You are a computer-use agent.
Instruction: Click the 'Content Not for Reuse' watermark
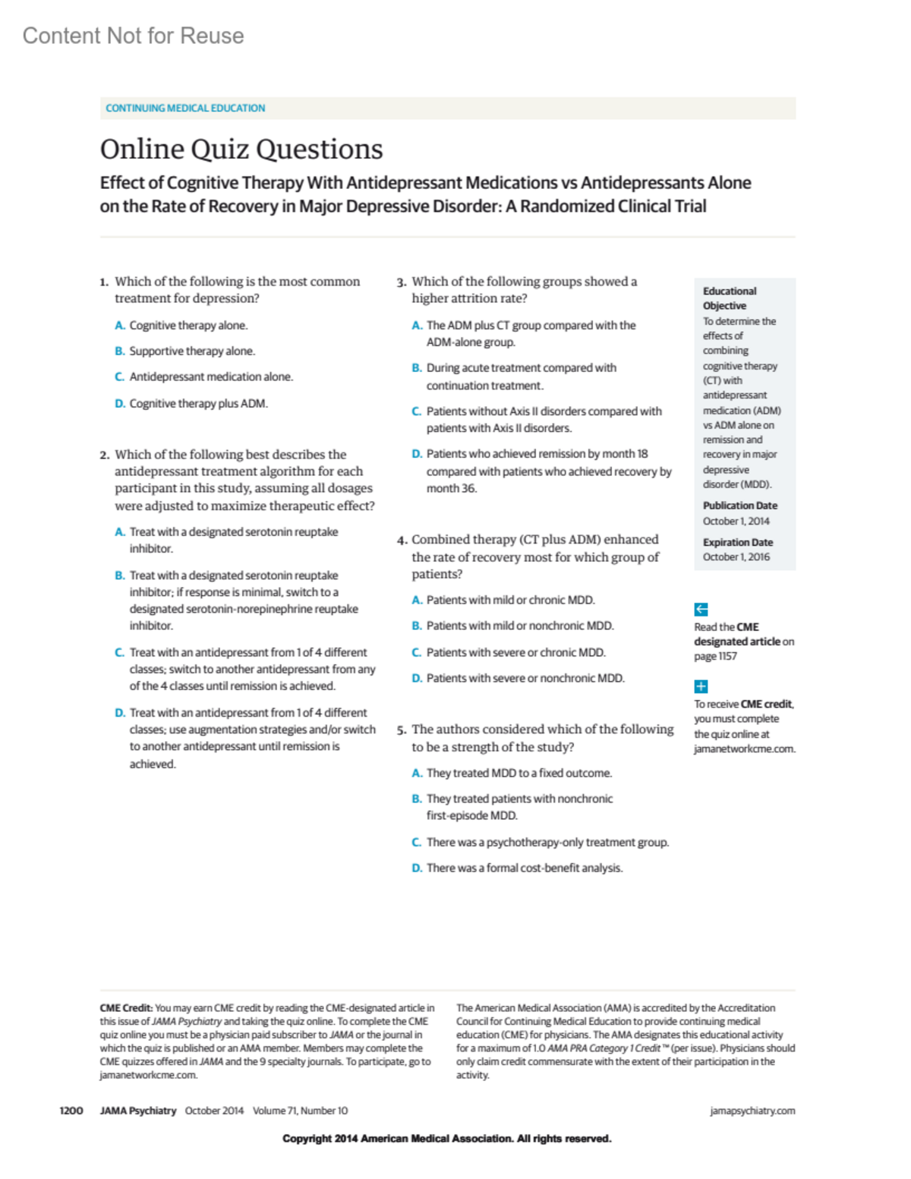click(133, 36)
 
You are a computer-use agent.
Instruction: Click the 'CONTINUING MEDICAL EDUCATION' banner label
click(185, 108)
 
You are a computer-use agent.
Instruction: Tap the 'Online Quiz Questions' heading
click(241, 149)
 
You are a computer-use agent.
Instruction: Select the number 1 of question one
click(103, 282)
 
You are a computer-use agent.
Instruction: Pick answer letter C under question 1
click(119, 377)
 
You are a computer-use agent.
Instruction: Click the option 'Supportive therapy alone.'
click(192, 351)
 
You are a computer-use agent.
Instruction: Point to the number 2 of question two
click(104, 455)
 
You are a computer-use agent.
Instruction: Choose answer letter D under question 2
click(119, 713)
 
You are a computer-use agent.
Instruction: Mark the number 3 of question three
click(401, 282)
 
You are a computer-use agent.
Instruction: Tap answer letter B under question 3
click(416, 368)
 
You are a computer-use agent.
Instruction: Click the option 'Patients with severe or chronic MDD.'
click(515, 652)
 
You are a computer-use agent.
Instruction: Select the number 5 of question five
click(401, 730)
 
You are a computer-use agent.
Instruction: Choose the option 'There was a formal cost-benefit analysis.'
click(525, 868)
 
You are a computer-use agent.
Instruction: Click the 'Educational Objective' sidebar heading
click(729, 298)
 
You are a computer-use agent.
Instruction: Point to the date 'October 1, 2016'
click(736, 556)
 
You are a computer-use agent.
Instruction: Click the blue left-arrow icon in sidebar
click(701, 609)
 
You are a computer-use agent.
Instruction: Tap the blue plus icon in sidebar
click(701, 686)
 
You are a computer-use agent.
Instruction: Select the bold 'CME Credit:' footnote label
click(126, 1008)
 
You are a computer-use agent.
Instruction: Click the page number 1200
click(71, 1111)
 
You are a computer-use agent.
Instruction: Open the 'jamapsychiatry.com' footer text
click(752, 1111)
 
